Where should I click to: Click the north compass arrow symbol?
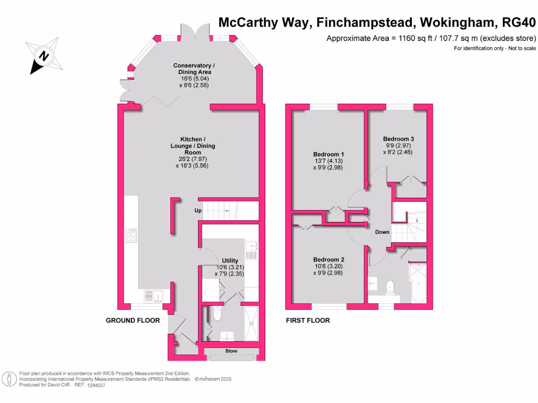(x=45, y=56)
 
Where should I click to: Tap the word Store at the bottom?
(x=231, y=350)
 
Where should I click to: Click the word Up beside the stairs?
(x=198, y=211)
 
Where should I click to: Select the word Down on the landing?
(x=381, y=232)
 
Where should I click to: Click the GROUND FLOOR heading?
(x=132, y=320)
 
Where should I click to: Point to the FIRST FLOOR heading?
(x=307, y=320)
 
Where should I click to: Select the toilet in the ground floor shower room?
(x=218, y=314)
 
